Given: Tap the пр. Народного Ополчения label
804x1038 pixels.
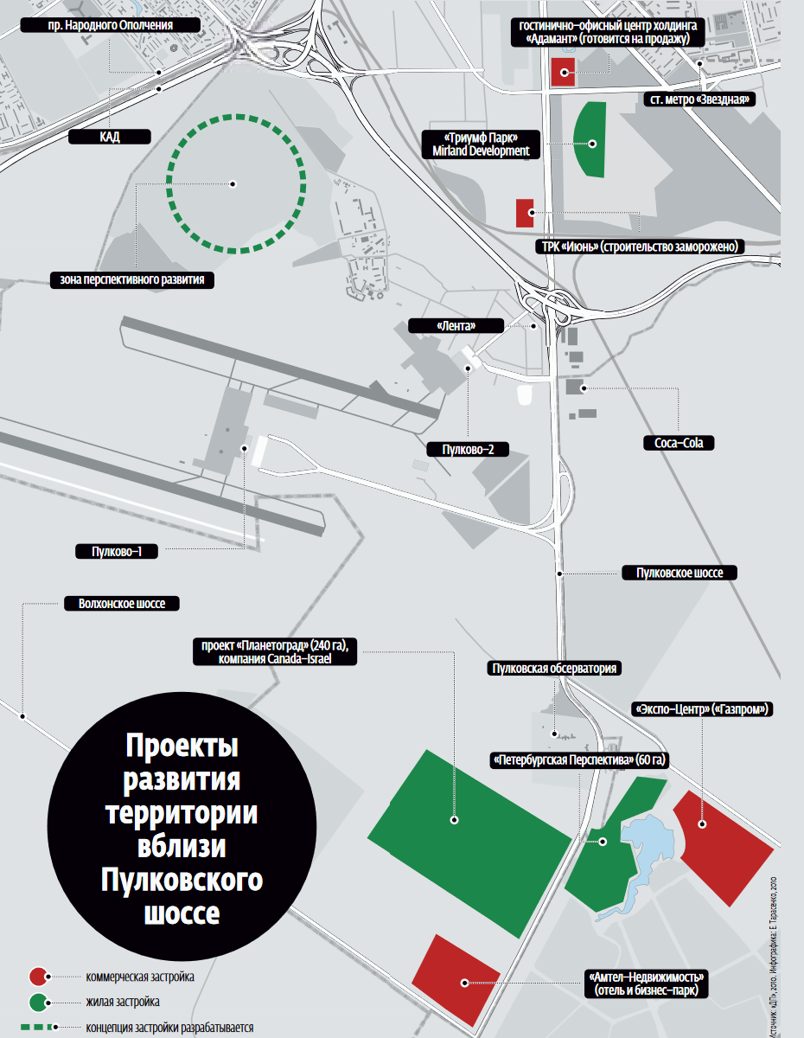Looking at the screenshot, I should point(111,25).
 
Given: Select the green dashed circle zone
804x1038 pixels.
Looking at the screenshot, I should point(236,183).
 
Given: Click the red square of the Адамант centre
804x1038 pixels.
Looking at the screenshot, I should point(563,74).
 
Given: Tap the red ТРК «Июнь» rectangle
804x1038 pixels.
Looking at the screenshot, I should point(525,213).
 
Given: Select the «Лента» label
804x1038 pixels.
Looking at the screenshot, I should point(456,326).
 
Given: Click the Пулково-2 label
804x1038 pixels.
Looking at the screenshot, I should point(468,449).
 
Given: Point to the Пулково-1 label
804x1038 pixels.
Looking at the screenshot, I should point(117,551).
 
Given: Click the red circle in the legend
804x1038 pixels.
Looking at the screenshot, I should point(37,977).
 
